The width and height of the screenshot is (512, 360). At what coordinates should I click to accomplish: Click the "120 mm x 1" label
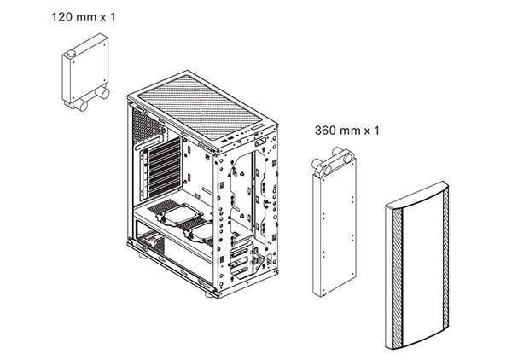point(84,17)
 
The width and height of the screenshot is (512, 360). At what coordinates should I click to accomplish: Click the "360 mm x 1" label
point(347,131)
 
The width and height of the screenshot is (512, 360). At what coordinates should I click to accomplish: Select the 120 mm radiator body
point(84,70)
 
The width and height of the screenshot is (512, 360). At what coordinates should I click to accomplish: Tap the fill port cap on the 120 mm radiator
point(71,53)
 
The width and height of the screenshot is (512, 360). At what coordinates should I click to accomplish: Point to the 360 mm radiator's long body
point(335,229)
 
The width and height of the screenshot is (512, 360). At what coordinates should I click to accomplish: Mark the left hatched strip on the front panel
point(398,277)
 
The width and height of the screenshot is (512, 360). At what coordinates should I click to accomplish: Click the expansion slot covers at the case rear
point(160,170)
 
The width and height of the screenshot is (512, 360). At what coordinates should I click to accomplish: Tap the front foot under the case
point(209,294)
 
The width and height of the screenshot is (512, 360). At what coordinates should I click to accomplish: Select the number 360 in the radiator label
point(326,131)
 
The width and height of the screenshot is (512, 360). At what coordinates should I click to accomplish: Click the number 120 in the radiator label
point(62,17)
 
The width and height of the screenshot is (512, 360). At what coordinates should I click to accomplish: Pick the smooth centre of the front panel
point(423,268)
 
